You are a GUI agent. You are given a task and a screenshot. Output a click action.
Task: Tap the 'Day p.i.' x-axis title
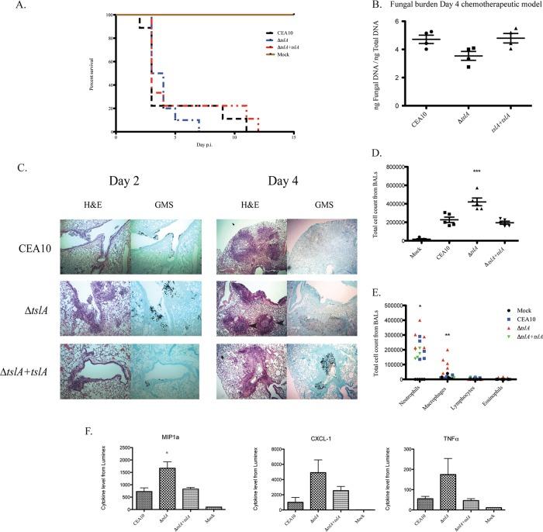pyautogui.click(x=204, y=145)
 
